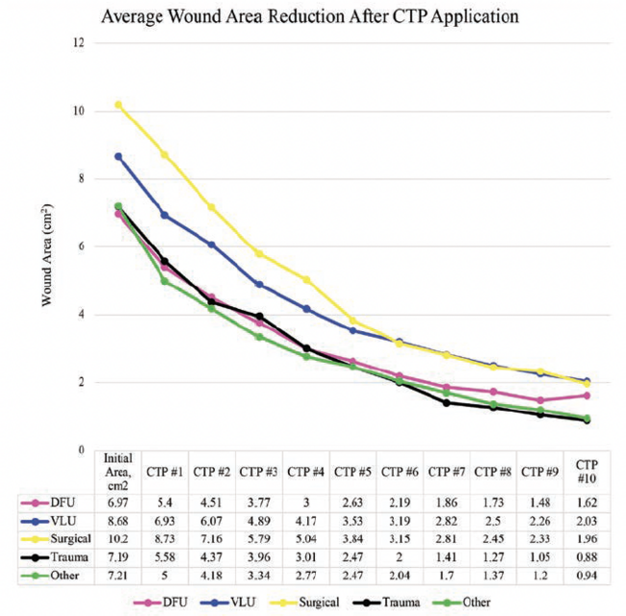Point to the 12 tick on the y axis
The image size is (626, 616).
click(x=80, y=43)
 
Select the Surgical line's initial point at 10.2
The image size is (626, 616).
click(x=117, y=104)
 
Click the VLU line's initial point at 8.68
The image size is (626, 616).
click(x=117, y=156)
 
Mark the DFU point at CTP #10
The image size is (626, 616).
click(x=587, y=396)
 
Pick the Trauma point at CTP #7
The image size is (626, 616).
click(x=446, y=402)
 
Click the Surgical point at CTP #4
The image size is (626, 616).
click(x=305, y=279)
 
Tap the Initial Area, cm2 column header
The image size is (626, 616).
click(x=117, y=471)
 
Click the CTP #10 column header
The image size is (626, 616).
click(x=587, y=471)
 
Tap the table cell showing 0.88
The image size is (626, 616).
click(x=587, y=558)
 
